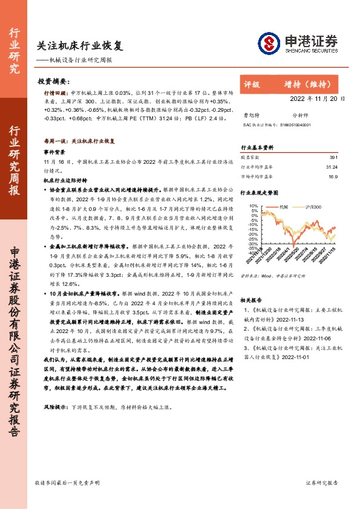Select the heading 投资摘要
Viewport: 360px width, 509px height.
tap(53, 80)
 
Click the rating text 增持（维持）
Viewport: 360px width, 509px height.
tap(305, 85)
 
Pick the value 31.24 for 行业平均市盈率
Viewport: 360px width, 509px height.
tap(331, 166)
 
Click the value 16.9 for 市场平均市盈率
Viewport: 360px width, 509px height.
tap(332, 177)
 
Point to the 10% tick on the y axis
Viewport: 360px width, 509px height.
tap(253, 206)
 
